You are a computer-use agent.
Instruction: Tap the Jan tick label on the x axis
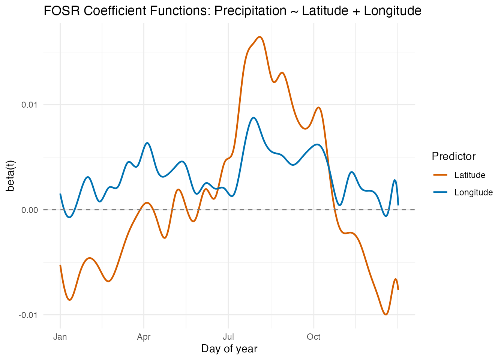tap(60, 337)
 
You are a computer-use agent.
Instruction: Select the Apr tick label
tap(144, 337)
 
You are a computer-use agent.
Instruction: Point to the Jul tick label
tap(228, 337)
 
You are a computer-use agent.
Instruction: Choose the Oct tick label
tap(313, 337)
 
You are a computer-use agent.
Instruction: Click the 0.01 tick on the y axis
tap(30, 105)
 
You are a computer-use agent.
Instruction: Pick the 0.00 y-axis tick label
tap(30, 210)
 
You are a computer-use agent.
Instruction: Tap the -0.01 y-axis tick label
tap(28, 315)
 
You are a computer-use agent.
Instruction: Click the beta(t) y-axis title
tap(11, 175)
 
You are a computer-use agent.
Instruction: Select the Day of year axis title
tap(229, 349)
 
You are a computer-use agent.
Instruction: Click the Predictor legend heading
tap(453, 156)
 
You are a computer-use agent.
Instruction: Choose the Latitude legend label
tap(469, 175)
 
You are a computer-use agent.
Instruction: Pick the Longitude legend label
tap(473, 192)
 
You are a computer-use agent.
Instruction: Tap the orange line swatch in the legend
tap(440, 175)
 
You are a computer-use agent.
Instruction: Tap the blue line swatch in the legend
tap(440, 192)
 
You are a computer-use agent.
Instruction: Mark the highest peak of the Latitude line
tap(260, 37)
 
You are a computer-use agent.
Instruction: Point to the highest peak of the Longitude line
tap(254, 118)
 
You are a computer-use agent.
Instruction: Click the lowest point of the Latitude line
tap(385, 315)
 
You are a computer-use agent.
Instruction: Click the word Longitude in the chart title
tap(393, 11)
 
